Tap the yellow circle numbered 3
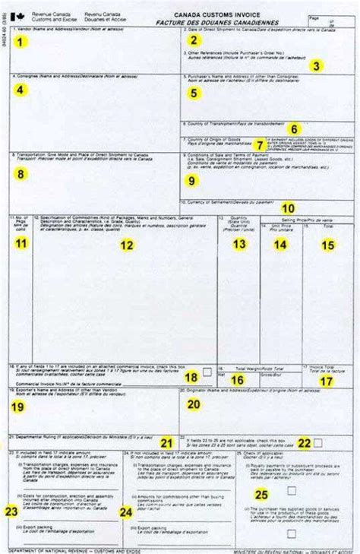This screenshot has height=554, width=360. [315, 65]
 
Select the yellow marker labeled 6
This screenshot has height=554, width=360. [294, 128]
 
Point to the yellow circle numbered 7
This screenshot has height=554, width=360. [260, 144]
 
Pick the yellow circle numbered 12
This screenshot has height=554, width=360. [127, 245]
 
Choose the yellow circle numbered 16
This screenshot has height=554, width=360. [238, 379]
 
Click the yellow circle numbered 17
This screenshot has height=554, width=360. [326, 381]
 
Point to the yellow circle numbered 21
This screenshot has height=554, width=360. [166, 442]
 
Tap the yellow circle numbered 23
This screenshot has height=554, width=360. [11, 510]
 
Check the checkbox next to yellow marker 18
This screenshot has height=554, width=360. [206, 372]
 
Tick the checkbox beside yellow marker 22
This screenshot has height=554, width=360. [317, 442]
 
